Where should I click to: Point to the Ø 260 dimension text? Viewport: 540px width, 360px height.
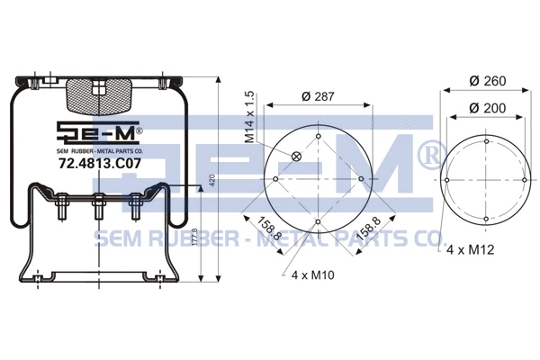click(487, 81)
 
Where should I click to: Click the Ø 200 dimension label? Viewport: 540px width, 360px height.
click(487, 109)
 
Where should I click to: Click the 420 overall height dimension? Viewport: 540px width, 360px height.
click(212, 180)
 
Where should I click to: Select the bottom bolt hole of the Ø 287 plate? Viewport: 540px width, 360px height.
click(319, 221)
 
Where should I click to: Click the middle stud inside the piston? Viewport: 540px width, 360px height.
click(97, 213)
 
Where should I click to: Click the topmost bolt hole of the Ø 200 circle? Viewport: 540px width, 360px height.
click(486, 141)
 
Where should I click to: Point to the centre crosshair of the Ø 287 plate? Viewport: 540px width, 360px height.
click(319, 179)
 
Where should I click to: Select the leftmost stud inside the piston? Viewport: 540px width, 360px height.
click(65, 214)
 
